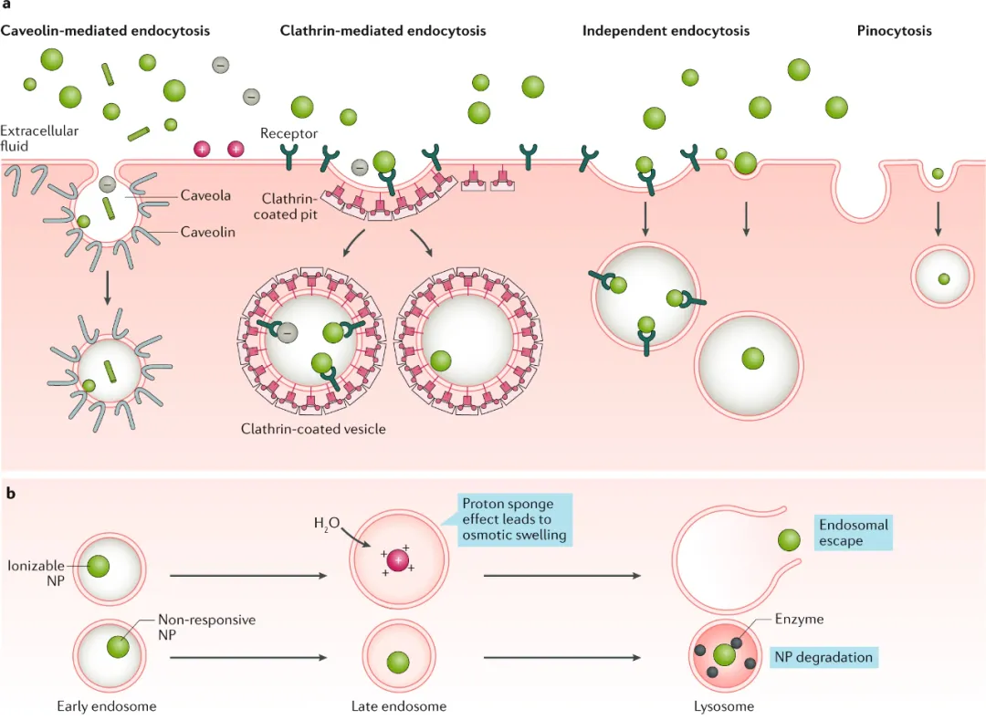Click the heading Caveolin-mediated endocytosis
click(105, 31)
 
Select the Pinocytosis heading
click(894, 31)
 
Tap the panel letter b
click(11, 494)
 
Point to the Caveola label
click(205, 195)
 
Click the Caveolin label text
click(207, 232)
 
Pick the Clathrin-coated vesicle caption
click(313, 428)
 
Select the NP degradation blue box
click(823, 657)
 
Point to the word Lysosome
click(724, 705)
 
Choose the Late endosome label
click(399, 705)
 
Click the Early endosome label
click(106, 705)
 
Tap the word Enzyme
click(799, 619)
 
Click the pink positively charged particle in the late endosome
click(398, 559)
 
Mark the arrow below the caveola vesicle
click(108, 287)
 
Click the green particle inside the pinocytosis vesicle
click(943, 278)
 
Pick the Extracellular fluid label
click(39, 138)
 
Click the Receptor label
click(289, 133)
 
